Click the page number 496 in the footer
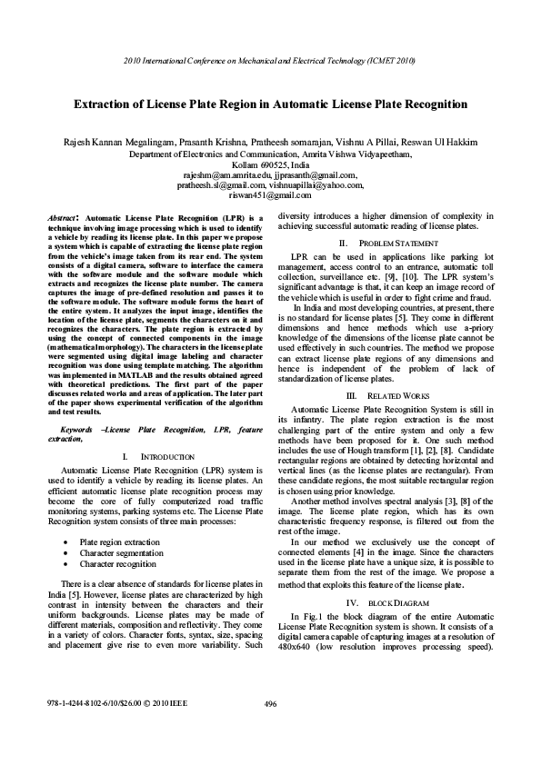[x=270, y=730]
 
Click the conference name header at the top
[x=270, y=61]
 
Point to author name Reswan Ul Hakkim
[x=442, y=144]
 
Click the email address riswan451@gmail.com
[x=270, y=194]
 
